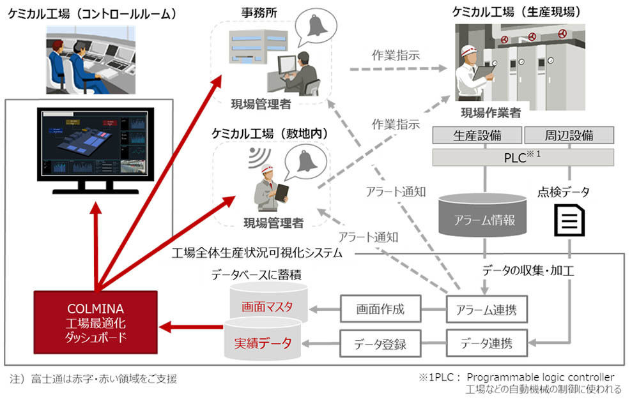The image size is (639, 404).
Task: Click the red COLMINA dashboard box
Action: click(x=96, y=322)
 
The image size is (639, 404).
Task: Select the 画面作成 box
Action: click(x=380, y=309)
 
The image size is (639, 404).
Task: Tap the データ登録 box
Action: click(x=380, y=344)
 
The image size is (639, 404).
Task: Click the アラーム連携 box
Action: click(x=486, y=309)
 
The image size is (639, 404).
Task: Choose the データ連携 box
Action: click(x=486, y=344)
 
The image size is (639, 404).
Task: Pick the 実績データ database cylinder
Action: click(x=263, y=340)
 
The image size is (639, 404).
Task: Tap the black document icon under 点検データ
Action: click(x=569, y=220)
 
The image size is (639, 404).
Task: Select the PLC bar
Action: click(x=523, y=157)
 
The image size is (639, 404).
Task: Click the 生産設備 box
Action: click(x=477, y=135)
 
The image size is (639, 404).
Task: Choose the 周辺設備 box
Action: click(x=569, y=135)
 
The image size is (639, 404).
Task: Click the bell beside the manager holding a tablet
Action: click(x=307, y=160)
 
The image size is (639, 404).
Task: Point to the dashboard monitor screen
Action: click(x=96, y=144)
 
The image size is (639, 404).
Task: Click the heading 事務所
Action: click(x=259, y=12)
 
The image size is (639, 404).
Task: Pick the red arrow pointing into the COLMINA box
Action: click(x=192, y=327)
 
